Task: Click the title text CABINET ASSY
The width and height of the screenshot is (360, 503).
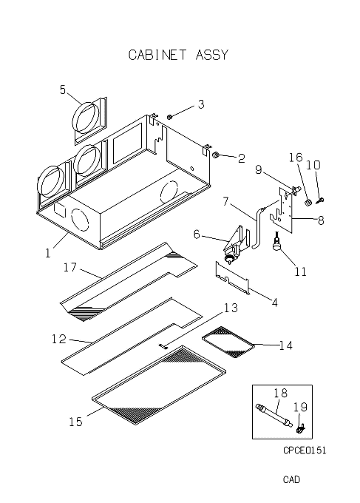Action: (178, 55)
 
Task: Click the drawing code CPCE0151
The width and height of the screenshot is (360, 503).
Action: (305, 450)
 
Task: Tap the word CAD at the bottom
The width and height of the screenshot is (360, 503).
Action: (291, 479)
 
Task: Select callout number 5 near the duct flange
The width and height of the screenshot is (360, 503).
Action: (63, 90)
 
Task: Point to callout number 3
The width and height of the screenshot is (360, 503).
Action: (201, 104)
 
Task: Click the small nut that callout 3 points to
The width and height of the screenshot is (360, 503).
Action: (170, 117)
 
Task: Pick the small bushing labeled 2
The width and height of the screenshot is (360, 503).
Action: (216, 155)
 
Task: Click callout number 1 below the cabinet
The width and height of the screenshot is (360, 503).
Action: (48, 254)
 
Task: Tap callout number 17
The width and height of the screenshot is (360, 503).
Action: (70, 267)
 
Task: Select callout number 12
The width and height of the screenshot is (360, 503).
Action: (59, 339)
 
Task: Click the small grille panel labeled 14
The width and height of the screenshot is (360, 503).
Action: (228, 342)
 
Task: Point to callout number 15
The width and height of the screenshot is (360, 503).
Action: (76, 422)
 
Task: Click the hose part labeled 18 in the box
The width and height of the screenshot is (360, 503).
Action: (274, 416)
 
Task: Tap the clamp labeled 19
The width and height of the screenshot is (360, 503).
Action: (300, 429)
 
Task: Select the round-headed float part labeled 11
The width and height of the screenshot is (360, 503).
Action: (276, 245)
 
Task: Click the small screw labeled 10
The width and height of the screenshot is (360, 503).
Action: (320, 200)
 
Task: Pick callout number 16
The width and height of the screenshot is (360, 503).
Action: (296, 157)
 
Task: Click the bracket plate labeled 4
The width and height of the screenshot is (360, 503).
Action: (232, 278)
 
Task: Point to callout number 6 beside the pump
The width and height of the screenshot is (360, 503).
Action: (197, 234)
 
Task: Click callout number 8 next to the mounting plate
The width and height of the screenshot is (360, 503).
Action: (321, 220)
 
